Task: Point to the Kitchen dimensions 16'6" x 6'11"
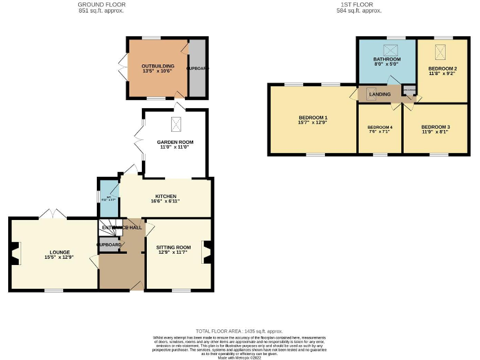[x=165, y=201]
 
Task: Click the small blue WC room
[x=108, y=198]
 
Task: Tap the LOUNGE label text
[x=56, y=252]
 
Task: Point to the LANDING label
[x=380, y=94]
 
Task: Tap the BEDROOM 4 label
[x=379, y=127]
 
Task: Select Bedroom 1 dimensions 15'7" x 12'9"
[x=313, y=122]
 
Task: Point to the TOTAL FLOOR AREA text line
[x=239, y=331]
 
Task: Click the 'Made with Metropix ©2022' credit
[x=239, y=357]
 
